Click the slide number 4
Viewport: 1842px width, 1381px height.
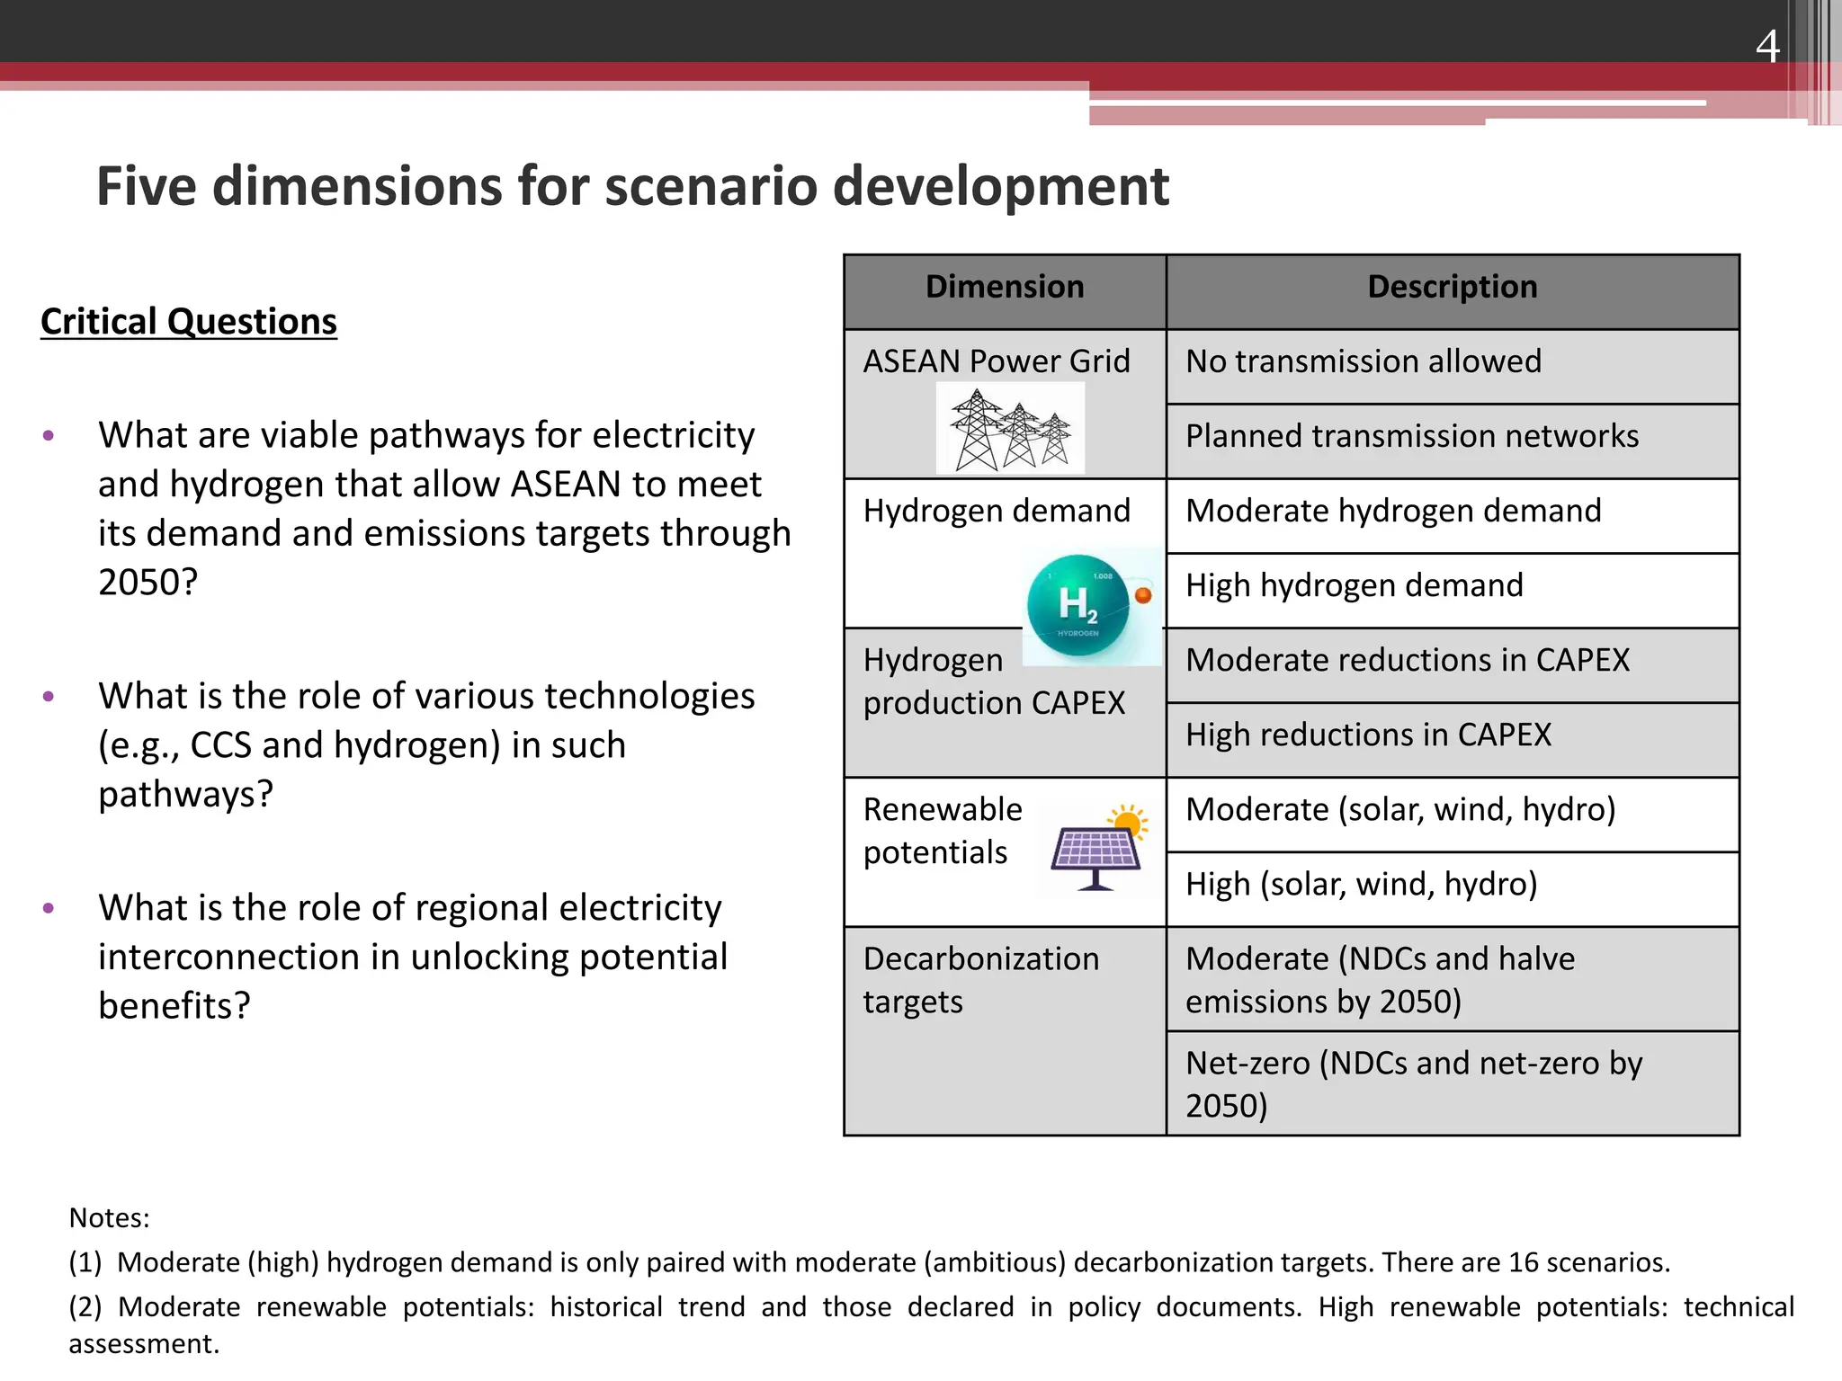coord(1766,46)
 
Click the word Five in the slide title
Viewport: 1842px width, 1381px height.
coord(146,187)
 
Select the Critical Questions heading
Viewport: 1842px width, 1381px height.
coord(189,322)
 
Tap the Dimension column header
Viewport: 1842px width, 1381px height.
coord(1004,287)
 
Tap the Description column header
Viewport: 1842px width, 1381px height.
coord(1452,287)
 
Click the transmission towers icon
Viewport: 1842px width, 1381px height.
coord(1010,430)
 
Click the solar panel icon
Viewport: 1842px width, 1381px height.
coord(1097,849)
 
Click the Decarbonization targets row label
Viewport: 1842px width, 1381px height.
coord(980,980)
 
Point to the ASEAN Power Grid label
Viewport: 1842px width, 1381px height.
coord(996,361)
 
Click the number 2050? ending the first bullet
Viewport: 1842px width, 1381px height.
coord(148,583)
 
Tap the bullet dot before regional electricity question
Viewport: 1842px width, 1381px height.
coord(49,908)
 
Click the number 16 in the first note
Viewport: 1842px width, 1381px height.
coord(1523,1262)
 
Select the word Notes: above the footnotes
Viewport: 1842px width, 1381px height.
coord(109,1218)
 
